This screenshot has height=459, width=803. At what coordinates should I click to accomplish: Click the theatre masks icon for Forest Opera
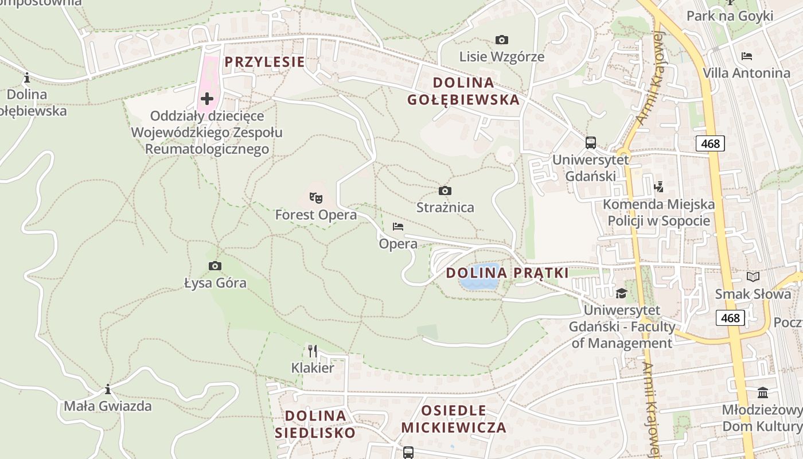(315, 198)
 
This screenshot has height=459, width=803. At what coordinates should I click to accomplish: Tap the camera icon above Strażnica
(445, 190)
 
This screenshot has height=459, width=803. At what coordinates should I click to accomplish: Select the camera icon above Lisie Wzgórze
(501, 40)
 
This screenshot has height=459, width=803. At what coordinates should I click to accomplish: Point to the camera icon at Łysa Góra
(215, 266)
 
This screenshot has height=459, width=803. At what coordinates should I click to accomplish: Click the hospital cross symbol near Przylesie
(207, 99)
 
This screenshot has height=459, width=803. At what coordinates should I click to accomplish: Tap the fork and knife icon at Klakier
(313, 351)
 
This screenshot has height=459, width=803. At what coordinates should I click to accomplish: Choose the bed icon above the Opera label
(398, 227)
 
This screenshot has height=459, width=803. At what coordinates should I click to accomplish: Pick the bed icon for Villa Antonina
(746, 56)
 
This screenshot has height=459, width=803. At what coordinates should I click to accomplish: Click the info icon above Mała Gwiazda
(108, 390)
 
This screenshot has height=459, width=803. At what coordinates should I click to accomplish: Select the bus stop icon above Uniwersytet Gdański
(590, 143)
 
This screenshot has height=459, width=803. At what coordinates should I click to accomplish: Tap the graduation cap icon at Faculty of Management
(621, 294)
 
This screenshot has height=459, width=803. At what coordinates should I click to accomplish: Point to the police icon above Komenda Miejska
(658, 186)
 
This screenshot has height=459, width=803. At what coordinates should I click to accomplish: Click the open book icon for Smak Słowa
(753, 277)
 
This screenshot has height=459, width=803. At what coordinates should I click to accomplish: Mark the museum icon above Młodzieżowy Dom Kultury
(763, 393)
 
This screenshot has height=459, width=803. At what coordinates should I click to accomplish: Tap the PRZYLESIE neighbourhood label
(264, 62)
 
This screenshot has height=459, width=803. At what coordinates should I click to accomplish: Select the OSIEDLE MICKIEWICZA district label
(454, 419)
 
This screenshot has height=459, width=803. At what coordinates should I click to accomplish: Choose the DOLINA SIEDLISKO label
(315, 424)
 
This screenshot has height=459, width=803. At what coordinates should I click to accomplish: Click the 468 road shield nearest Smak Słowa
(730, 317)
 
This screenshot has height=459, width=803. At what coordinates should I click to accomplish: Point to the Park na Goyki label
(730, 15)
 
